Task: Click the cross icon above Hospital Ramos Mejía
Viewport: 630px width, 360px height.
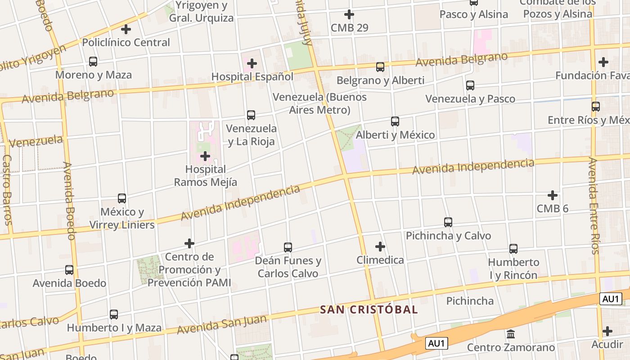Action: [x=205, y=156]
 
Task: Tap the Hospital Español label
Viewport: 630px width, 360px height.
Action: [x=252, y=76]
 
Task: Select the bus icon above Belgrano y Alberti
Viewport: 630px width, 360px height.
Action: [x=380, y=67]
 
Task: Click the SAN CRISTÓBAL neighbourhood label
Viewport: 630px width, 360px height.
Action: [x=369, y=310]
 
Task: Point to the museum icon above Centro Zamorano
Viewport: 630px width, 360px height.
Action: [x=511, y=334]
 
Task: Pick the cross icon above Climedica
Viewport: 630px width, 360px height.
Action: [x=380, y=246]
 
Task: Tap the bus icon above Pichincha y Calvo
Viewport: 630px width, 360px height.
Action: [x=448, y=222]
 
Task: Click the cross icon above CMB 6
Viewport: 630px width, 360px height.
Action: [x=553, y=195]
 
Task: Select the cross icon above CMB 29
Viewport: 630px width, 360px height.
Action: [x=349, y=14]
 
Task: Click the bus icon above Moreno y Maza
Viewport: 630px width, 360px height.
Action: [x=93, y=62]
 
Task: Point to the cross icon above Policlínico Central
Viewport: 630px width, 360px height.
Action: [x=126, y=29]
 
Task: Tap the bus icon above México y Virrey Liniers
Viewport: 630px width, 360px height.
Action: [x=122, y=198]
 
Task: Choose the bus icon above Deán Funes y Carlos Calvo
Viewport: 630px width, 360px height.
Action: [x=288, y=247]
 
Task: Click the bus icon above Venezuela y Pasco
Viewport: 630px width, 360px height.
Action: [x=470, y=85]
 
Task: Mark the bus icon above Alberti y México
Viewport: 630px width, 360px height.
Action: [x=395, y=121]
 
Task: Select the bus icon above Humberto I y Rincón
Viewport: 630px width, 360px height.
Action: [x=513, y=248]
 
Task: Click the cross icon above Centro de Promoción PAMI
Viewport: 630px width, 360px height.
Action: [x=189, y=243]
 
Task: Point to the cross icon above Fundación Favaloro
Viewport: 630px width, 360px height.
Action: [x=603, y=62]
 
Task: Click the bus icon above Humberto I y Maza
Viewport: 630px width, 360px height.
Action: [x=114, y=314]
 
